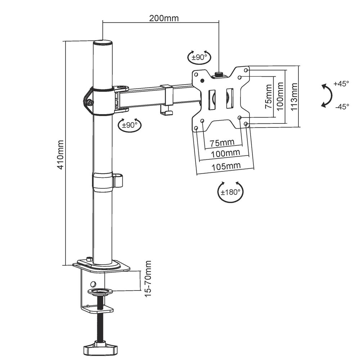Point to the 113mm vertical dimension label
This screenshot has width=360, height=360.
294,96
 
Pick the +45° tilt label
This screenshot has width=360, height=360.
341,84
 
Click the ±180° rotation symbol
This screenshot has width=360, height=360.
231,192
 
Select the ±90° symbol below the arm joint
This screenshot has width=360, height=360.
130,125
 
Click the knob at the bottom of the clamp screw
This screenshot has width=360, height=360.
101,348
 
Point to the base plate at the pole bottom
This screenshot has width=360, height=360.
101,266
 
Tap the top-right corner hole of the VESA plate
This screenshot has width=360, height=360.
246,70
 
